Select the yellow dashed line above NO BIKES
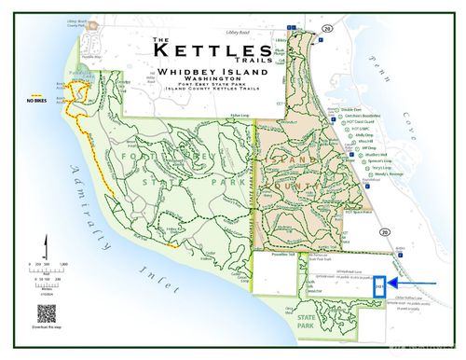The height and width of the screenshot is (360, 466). (36, 94)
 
